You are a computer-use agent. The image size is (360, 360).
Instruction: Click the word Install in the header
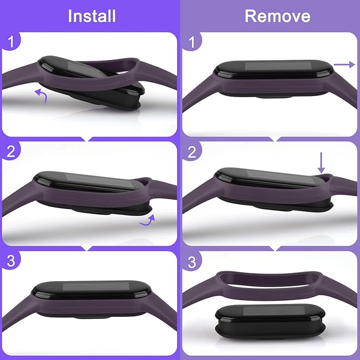click(x=92, y=15)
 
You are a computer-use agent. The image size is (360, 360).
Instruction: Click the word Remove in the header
click(x=277, y=15)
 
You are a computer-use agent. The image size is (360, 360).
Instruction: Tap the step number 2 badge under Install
click(x=10, y=151)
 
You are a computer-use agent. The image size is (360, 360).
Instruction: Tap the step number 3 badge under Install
click(x=10, y=261)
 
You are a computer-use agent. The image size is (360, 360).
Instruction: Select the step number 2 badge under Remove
click(x=192, y=151)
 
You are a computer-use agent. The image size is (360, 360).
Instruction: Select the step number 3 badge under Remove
click(x=192, y=261)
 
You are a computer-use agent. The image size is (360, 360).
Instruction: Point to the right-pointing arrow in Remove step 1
click(x=345, y=65)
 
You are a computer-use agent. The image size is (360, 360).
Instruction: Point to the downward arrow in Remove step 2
click(x=321, y=162)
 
